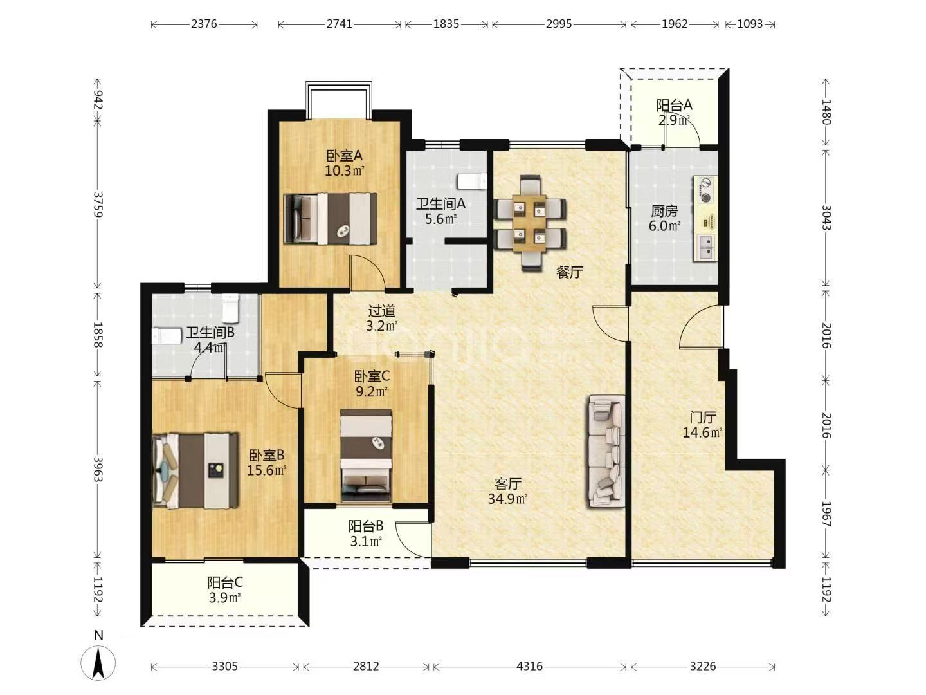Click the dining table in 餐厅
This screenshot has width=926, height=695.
click(529, 223)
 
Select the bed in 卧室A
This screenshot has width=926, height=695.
click(331, 219)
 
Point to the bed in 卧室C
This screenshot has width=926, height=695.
click(366, 456)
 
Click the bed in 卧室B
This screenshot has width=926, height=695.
click(195, 470)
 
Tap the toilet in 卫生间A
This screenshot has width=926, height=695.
click(473, 181)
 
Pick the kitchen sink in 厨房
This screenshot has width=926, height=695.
click(706, 247)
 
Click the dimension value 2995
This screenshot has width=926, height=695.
click(559, 24)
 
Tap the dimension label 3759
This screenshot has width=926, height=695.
click(98, 205)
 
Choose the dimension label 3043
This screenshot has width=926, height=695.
click(826, 218)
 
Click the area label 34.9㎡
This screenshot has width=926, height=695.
click(507, 499)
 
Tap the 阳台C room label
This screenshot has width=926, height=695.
click(225, 583)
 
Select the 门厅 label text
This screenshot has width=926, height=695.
click(702, 418)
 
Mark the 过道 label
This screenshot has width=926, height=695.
click(382, 311)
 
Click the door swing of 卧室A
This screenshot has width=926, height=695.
click(367, 272)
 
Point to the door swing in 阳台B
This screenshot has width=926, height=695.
click(413, 540)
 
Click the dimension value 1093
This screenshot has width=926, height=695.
click(750, 24)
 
